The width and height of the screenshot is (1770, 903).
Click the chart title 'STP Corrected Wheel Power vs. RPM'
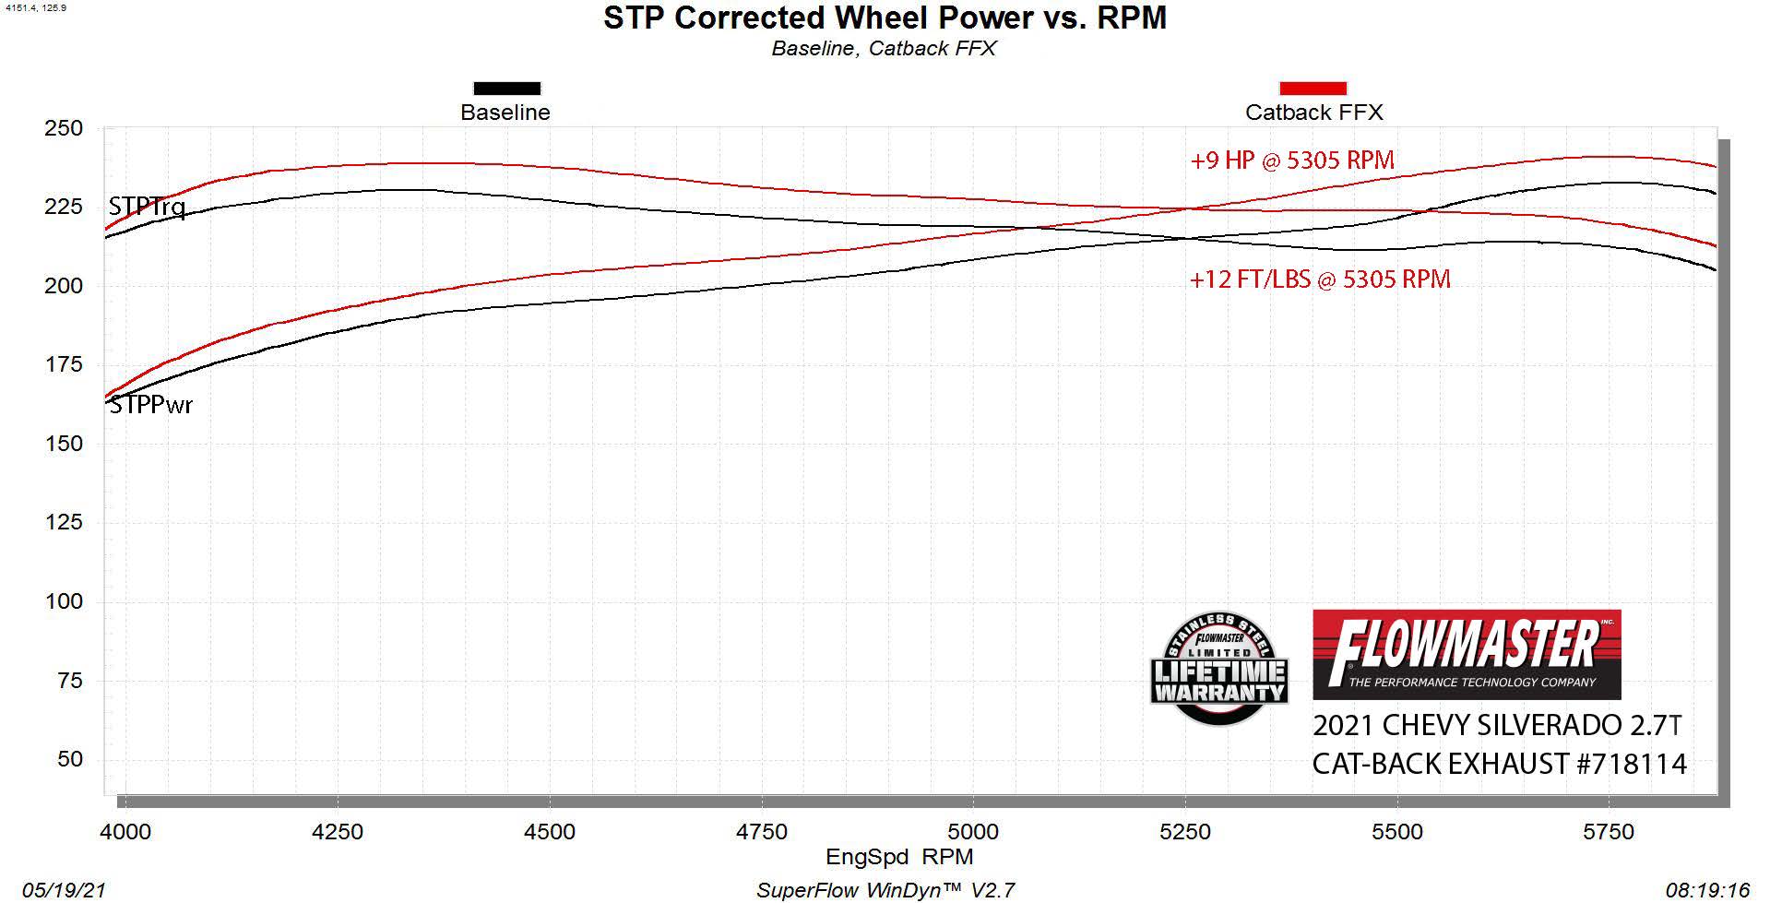tap(885, 18)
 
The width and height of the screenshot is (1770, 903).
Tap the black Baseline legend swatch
tap(506, 89)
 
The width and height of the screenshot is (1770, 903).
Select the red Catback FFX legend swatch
tap(1313, 89)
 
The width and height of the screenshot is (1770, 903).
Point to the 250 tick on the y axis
tap(64, 128)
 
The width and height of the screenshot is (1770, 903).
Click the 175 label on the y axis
tap(64, 364)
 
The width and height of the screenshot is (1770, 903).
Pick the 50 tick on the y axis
tap(70, 759)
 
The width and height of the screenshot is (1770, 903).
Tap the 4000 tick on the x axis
tap(125, 832)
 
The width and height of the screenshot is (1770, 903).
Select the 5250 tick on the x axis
tap(1185, 832)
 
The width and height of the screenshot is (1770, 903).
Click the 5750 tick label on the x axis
tap(1609, 832)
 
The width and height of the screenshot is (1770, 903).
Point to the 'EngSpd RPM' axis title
tap(899, 857)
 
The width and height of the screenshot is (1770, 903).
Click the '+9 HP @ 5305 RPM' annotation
tap(1292, 160)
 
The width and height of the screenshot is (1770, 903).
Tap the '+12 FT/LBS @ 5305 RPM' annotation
tap(1320, 279)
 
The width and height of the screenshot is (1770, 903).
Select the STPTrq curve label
tap(147, 207)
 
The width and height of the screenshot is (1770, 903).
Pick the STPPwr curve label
tap(151, 405)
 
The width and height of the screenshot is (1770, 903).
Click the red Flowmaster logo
tap(1467, 654)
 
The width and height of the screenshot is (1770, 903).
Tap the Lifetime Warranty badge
tap(1218, 669)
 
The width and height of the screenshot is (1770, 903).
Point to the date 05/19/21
tap(64, 890)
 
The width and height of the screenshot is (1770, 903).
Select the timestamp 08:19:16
tap(1707, 890)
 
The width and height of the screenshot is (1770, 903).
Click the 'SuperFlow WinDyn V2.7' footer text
tap(885, 890)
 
